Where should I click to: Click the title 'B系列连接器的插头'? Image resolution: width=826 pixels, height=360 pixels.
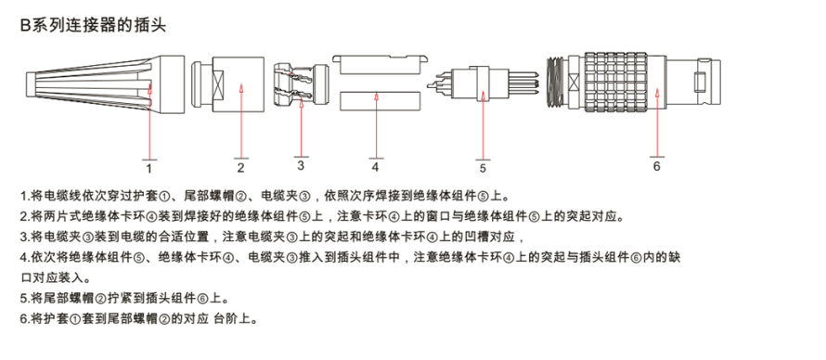coord(93,25)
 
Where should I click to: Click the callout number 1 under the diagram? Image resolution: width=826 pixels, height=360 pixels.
coord(149,169)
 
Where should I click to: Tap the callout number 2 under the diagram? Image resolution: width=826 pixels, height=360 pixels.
coord(240,168)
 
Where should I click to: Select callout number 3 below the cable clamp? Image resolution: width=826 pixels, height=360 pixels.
coord(301,165)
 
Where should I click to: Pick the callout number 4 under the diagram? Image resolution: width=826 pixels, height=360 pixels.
coord(375,167)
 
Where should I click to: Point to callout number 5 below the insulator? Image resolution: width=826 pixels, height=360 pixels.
coord(483,169)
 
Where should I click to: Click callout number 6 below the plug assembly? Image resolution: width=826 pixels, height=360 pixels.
coord(656,166)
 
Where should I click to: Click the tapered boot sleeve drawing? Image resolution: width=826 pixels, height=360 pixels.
coord(106,84)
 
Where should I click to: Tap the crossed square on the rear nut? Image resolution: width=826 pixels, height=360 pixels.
coord(218,84)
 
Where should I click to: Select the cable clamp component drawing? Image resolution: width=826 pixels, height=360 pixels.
coord(302,84)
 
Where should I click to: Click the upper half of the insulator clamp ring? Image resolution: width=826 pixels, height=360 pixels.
coord(379,64)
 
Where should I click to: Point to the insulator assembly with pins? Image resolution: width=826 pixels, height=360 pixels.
coord(482,84)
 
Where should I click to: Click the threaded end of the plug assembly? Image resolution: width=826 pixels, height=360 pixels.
coord(555,84)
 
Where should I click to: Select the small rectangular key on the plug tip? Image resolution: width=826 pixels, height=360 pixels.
coord(700,84)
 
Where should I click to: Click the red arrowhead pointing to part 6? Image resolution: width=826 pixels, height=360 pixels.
coord(657,92)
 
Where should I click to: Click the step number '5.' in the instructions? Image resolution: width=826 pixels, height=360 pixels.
coord(25,299)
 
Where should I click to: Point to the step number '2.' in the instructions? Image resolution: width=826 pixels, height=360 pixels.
coord(25,216)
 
